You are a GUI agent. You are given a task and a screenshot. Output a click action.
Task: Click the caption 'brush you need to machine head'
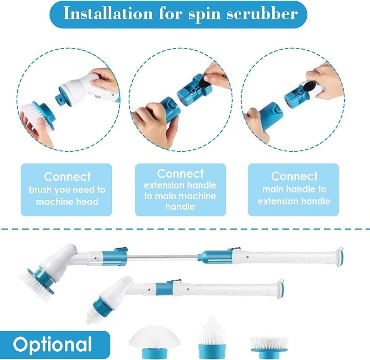pos(67,196)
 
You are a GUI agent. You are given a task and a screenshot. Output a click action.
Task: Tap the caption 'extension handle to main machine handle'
pos(180,196)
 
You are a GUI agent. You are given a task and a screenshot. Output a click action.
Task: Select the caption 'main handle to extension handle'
pos(294,195)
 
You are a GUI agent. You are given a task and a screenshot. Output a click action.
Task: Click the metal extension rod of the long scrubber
pos(163,257)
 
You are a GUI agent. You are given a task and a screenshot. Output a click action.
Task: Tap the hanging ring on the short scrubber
pos(281,282)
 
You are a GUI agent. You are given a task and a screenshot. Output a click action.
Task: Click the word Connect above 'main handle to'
pos(294,176)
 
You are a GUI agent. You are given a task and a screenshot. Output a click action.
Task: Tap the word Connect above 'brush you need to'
pos(67,177)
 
